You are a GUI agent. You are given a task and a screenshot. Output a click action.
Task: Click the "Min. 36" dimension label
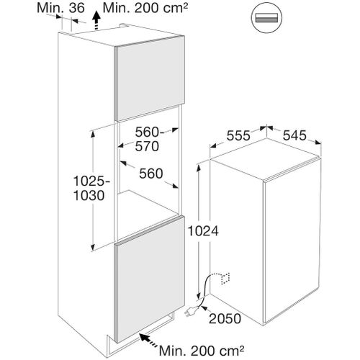60,8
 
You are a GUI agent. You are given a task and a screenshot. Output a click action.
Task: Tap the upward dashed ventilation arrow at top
96,21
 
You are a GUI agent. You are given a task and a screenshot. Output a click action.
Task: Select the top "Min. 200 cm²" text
145,8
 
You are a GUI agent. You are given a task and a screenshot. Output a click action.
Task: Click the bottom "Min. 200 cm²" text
202,351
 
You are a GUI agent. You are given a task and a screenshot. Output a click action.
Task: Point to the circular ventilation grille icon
266,18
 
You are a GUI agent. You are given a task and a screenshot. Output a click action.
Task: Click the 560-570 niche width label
147,139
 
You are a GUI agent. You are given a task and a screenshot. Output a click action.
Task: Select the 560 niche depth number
151,174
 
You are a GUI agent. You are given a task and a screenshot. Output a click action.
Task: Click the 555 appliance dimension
238,135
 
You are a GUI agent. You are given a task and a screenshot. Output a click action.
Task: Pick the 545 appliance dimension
294,135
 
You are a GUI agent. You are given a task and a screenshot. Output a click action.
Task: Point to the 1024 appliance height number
203,231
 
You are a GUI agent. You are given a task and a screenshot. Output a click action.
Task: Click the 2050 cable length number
225,319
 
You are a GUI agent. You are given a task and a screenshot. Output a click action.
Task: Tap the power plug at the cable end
192,312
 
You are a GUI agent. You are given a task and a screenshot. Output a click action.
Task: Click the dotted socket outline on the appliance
225,279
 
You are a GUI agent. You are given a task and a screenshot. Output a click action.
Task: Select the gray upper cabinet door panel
149,78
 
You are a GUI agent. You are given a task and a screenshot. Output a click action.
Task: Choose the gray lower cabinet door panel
149,279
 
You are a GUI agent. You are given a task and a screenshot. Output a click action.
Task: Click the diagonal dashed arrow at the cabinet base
148,341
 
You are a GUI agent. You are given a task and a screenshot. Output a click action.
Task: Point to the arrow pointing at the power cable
205,310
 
